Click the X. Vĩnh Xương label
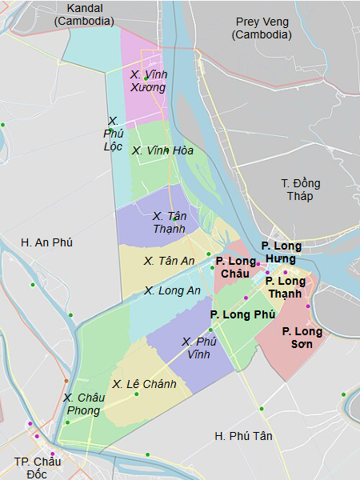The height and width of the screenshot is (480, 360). click(149, 80)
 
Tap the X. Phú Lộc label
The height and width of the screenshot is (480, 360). click(113, 134)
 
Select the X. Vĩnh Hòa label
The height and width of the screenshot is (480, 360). click(162, 150)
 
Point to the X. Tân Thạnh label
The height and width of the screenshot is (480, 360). click(169, 222)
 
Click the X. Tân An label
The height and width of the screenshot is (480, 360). click(169, 261)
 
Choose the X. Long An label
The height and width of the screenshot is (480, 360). click(172, 290)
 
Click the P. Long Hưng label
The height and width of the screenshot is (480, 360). click(280, 251)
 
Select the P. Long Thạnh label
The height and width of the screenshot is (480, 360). click(285, 287)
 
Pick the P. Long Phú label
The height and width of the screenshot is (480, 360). click(242, 314)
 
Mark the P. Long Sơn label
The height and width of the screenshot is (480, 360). click(302, 337)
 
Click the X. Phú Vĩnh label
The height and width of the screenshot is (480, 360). click(199, 347)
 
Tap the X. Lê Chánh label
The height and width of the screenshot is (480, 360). click(144, 384)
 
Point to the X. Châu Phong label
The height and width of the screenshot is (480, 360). click(83, 404)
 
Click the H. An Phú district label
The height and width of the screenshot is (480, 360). click(47, 242)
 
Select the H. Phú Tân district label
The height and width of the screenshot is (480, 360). click(243, 435)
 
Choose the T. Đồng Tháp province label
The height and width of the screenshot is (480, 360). click(297, 190)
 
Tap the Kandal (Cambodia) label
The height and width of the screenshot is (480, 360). click(84, 14)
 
